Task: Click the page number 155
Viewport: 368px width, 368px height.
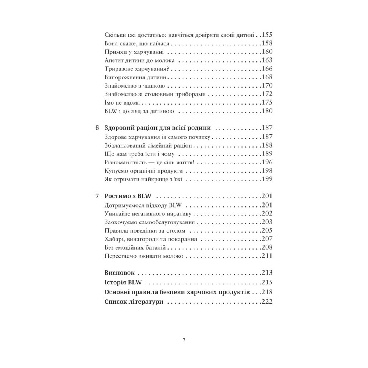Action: tap(266, 35)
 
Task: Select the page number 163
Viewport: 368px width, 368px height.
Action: tap(266, 60)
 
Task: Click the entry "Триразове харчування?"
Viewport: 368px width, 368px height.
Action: tap(126, 69)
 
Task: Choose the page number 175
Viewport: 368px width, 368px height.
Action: tap(266, 102)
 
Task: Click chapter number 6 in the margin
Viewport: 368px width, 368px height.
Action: tap(97, 128)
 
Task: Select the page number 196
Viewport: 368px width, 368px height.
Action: tap(266, 162)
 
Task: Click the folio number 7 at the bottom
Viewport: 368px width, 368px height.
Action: tap(184, 340)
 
